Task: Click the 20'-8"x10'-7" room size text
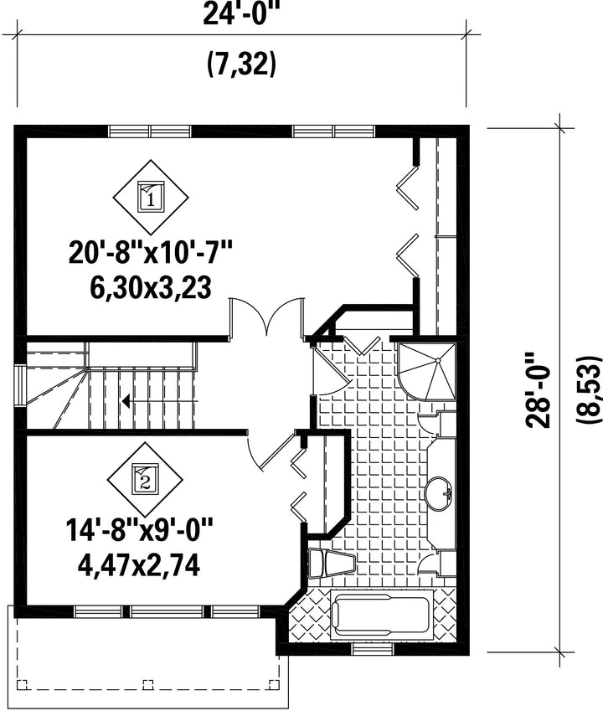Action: (x=151, y=253)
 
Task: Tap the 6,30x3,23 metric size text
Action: (x=151, y=288)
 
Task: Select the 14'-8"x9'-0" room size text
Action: (x=139, y=530)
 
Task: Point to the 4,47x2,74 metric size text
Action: (x=139, y=565)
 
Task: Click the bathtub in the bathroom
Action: (x=382, y=614)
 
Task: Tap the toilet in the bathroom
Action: (x=331, y=563)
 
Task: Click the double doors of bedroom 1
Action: (x=267, y=317)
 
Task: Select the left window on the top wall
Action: (x=150, y=131)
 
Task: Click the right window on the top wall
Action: (x=334, y=131)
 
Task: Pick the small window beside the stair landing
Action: (x=21, y=385)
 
